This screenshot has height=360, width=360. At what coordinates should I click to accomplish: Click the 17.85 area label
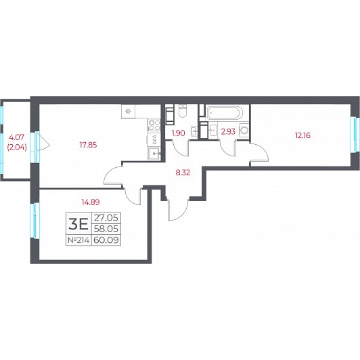click(x=88, y=145)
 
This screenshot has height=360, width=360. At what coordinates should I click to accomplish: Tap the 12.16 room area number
click(x=302, y=135)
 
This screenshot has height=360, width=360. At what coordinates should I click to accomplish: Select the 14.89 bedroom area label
click(x=91, y=202)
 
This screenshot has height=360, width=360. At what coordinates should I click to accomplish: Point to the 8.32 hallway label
click(x=183, y=173)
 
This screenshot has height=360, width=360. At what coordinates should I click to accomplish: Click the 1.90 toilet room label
click(x=179, y=133)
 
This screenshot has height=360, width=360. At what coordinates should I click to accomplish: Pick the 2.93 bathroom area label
click(x=228, y=131)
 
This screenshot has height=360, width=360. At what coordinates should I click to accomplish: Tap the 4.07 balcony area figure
click(x=16, y=137)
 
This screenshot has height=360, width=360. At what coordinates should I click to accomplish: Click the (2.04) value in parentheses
click(x=17, y=148)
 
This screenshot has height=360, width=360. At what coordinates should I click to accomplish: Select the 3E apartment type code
click(x=78, y=224)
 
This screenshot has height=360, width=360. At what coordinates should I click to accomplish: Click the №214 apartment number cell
click(x=78, y=240)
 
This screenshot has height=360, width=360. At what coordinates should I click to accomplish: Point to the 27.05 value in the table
click(x=106, y=217)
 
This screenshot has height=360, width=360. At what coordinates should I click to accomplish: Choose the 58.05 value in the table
click(x=106, y=229)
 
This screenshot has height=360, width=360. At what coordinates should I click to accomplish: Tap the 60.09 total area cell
click(x=106, y=240)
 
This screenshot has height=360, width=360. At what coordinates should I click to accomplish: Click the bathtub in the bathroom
click(x=224, y=112)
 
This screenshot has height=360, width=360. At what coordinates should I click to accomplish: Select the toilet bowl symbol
click(x=183, y=111)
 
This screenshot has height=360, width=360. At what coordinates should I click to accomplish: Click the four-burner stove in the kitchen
click(x=154, y=125)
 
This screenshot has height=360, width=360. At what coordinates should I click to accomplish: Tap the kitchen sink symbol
click(x=154, y=154)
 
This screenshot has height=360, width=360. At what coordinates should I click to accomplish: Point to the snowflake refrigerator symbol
click(x=128, y=112)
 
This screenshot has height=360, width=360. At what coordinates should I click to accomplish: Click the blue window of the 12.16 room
click(x=355, y=135)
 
